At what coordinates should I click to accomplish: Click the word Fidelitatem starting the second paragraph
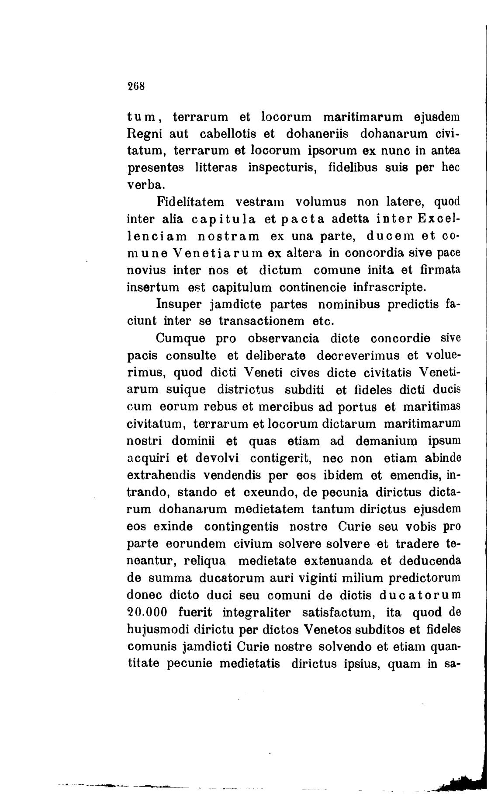[190, 202]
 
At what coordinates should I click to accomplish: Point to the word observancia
[284, 339]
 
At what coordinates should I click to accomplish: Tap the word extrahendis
[161, 475]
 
